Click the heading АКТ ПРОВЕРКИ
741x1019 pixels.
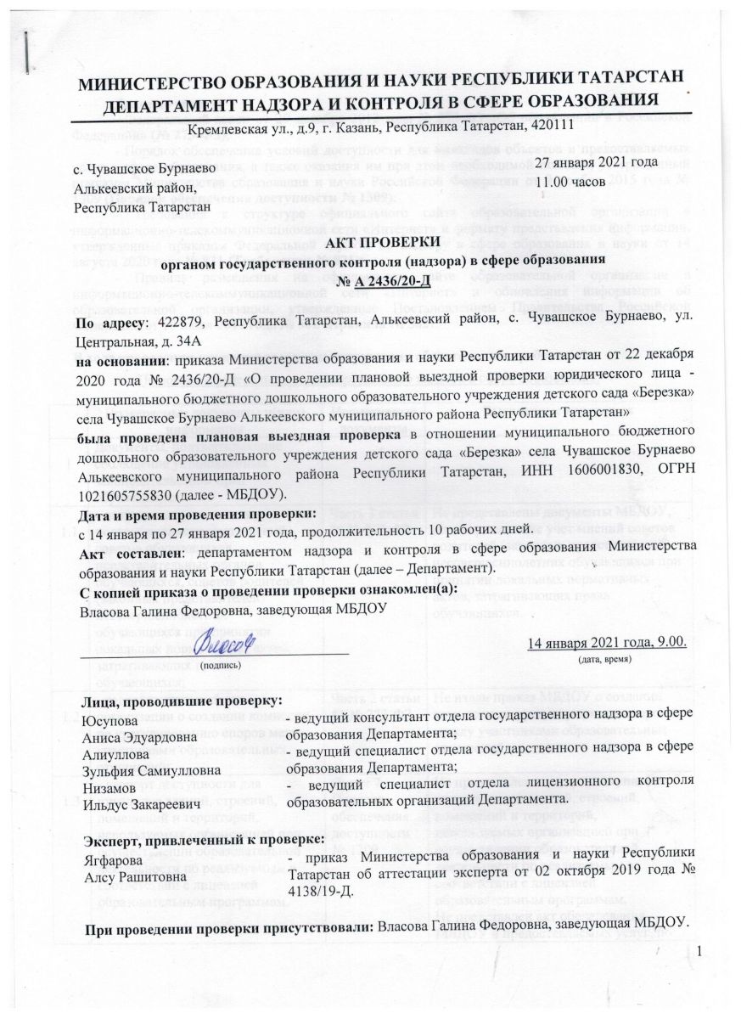pyautogui.click(x=370, y=243)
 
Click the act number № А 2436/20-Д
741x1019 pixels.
pyautogui.click(x=370, y=277)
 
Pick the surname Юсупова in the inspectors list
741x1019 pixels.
pyautogui.click(x=108, y=721)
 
